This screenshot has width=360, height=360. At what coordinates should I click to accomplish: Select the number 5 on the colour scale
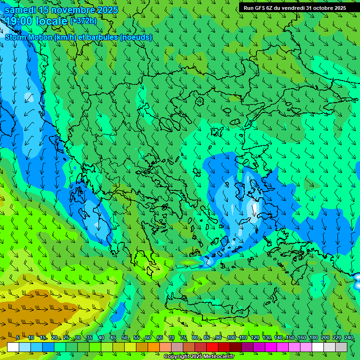pos(18,338)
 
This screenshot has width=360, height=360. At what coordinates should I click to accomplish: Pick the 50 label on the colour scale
pos(124,338)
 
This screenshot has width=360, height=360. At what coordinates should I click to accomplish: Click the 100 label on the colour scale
pos(231,338)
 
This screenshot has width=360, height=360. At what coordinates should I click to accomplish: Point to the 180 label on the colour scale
pos(314,338)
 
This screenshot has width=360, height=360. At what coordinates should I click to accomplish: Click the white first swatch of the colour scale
pos(13,347)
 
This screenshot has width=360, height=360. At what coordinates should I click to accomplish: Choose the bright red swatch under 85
pos(212,347)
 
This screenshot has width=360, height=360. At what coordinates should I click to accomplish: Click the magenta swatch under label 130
pos(271,347)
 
